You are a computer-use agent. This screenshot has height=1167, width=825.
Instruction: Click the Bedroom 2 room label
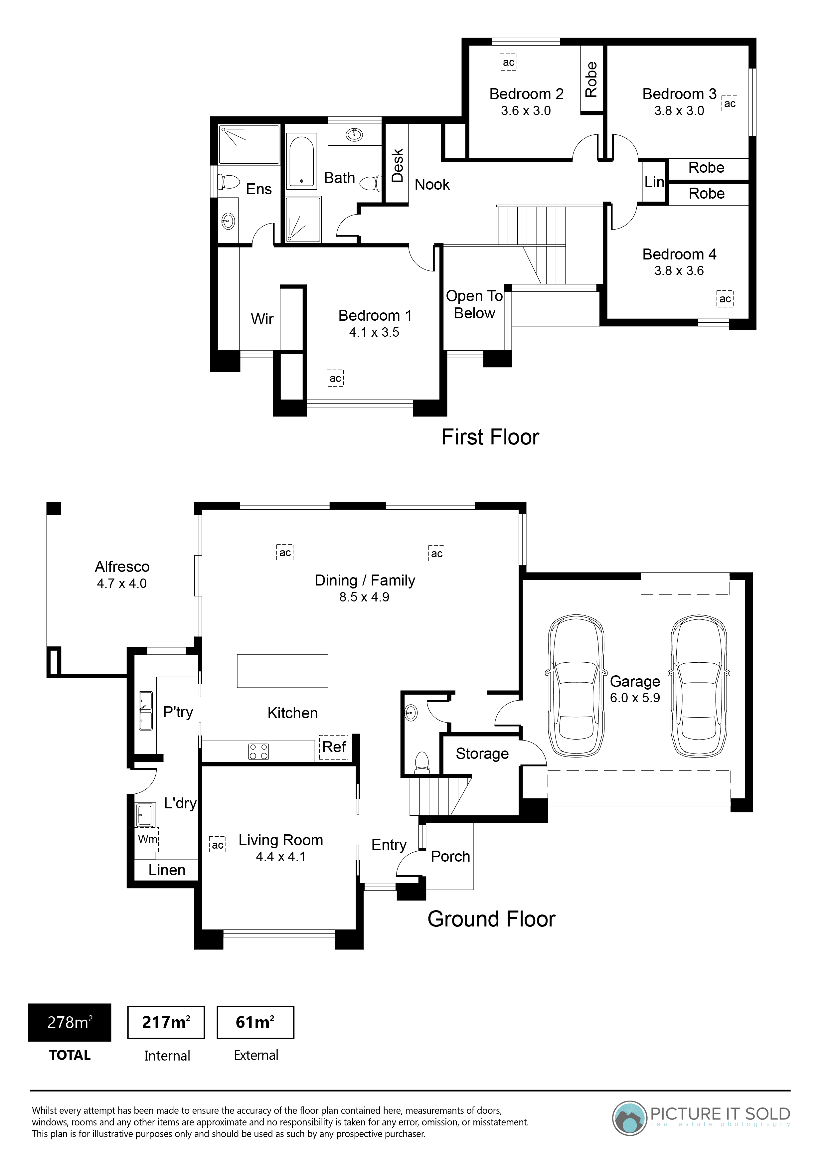526,94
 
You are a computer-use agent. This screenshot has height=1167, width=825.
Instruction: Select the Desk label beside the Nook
398,165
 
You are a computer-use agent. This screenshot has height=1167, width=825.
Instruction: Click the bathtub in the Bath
301,162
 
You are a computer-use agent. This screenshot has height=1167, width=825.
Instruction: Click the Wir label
262,319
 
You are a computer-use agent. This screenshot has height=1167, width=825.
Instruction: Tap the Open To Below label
474,304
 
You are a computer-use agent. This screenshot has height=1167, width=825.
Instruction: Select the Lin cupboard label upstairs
654,182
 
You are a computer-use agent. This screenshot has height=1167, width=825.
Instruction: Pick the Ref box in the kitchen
334,747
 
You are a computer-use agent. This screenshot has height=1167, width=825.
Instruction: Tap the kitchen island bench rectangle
283,671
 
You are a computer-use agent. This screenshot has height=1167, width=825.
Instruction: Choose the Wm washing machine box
147,839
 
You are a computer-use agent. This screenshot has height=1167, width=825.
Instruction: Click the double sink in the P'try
145,711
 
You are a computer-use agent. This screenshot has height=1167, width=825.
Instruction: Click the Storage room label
482,754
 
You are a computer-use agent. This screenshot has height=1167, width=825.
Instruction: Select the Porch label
450,856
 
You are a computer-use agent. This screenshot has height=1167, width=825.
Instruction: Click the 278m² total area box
70,1022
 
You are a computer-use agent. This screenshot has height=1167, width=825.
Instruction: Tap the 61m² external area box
256,1022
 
